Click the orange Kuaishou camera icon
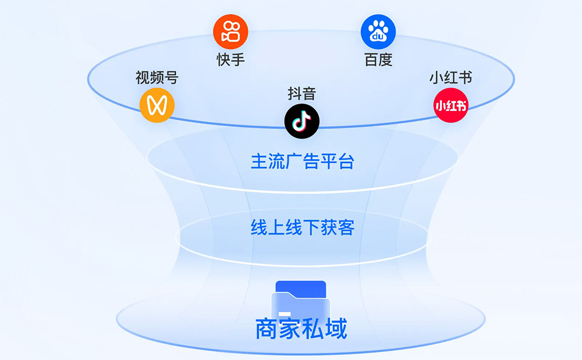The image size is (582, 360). tap(230, 32)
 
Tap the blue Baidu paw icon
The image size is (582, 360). tap(378, 32)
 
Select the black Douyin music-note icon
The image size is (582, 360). tap(301, 120)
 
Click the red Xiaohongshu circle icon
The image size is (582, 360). tap(451, 105)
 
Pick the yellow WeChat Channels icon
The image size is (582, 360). tap(157, 105)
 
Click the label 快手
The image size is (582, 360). tap(230, 59)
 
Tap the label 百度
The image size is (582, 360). tap(378, 59)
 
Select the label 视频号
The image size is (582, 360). tap(157, 77)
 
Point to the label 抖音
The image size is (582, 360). tap(301, 93)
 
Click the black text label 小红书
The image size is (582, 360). tap(450, 77)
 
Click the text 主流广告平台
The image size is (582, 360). tap(302, 161)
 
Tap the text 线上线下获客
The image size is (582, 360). tap(302, 227)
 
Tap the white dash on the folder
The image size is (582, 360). tap(285, 314)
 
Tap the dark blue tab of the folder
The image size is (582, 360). tap(300, 287)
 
